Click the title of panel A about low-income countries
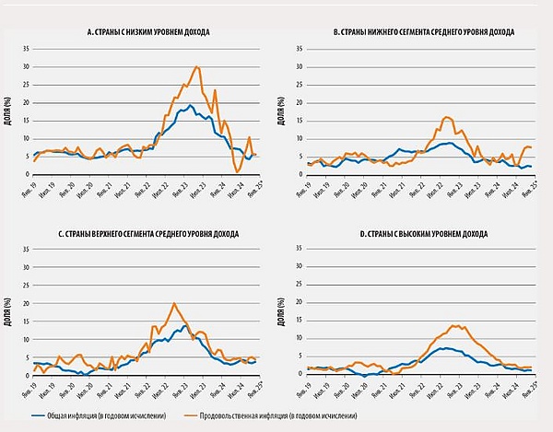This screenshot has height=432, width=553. (144, 31)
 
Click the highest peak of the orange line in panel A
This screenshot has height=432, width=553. (197, 66)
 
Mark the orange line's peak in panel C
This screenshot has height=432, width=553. (173, 303)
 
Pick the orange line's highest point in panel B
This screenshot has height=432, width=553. (447, 117)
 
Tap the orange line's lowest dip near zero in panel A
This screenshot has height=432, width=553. (238, 172)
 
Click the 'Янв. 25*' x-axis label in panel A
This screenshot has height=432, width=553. (253, 188)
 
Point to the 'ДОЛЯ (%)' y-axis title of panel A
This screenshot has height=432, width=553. (13, 110)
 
